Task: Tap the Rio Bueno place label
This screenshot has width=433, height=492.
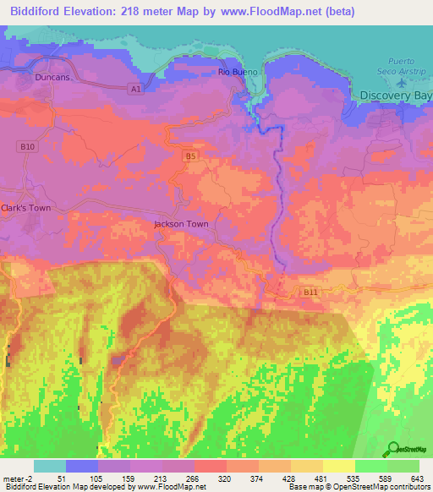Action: [x=236, y=72]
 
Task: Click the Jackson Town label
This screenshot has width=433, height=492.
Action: [x=181, y=224]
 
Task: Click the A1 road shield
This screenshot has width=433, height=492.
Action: [x=134, y=88]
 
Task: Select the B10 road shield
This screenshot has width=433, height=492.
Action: [x=28, y=146]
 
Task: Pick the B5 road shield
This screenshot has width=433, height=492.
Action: [x=190, y=156]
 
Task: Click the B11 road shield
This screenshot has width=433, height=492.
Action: [x=311, y=292]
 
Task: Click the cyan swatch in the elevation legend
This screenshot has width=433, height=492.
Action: [x=50, y=467]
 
